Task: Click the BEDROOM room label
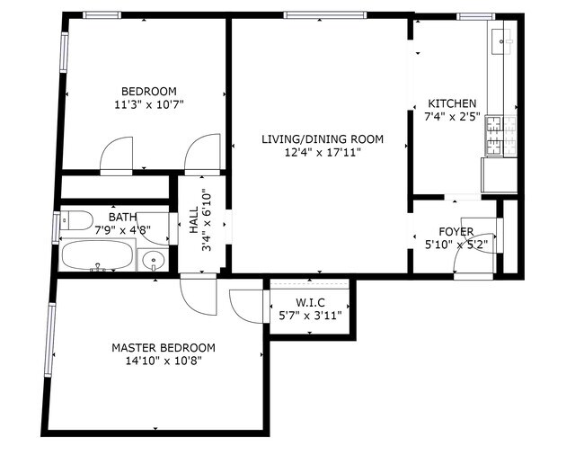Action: tap(148, 91)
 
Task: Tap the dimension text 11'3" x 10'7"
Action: tap(148, 104)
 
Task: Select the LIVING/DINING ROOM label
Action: tap(323, 139)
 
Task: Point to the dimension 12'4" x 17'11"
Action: tap(323, 153)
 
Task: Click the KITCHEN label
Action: tap(452, 103)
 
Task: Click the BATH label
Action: tap(123, 217)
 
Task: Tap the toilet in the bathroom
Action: tap(76, 221)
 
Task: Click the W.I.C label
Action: tap(310, 302)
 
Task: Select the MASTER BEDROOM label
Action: tap(163, 347)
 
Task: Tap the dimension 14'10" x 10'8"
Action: tap(163, 361)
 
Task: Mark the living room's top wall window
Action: tap(324, 15)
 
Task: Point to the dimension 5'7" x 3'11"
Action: tap(310, 316)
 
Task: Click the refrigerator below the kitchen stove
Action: tap(500, 175)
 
